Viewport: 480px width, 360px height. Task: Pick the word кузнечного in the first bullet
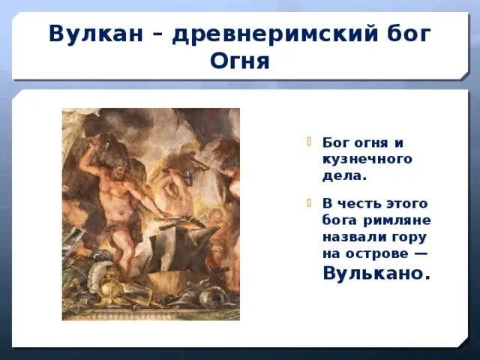367,159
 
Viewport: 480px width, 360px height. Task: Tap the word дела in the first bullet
342,175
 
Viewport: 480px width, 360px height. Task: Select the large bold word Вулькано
376,273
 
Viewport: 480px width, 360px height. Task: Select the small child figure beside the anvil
217,225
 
